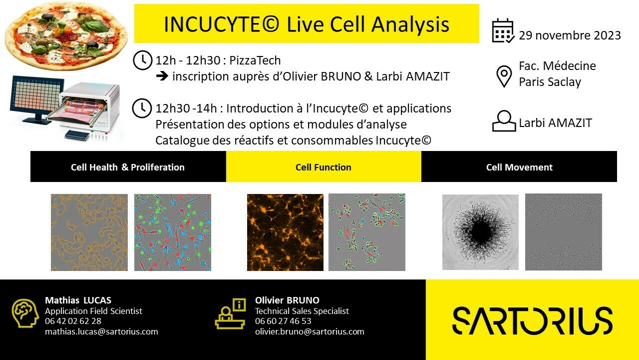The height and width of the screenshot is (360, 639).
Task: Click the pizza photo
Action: (x=66, y=35)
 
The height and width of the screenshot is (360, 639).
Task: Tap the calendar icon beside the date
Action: (x=503, y=31)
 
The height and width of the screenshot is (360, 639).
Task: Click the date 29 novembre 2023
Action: (x=570, y=35)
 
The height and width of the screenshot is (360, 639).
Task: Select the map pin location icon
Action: (x=504, y=76)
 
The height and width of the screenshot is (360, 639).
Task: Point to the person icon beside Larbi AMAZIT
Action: (x=504, y=121)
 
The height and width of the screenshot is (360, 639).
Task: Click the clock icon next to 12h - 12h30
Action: (x=143, y=60)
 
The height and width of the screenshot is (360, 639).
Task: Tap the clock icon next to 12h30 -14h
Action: (x=142, y=108)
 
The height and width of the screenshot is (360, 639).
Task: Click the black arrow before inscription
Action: (x=162, y=76)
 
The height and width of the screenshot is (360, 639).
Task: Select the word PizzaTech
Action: (x=255, y=60)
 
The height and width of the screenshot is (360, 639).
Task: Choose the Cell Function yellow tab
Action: (x=323, y=166)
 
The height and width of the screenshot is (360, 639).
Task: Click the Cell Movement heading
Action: (x=519, y=167)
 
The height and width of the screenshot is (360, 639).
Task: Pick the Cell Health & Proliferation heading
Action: (x=128, y=167)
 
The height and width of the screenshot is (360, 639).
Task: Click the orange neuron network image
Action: (x=285, y=232)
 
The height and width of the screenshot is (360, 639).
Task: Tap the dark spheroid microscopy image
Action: (x=480, y=232)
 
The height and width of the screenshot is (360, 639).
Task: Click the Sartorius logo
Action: (x=532, y=320)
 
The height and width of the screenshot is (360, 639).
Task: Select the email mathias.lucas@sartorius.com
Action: (x=101, y=331)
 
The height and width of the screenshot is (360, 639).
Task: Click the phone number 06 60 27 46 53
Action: (x=283, y=321)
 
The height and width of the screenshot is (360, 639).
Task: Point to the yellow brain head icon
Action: (x=25, y=313)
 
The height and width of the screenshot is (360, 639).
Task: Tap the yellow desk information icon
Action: (x=231, y=313)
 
